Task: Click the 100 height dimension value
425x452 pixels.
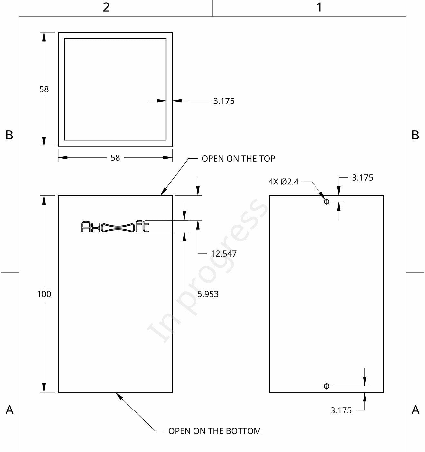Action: click(44, 294)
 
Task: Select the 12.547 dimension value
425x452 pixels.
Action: click(224, 254)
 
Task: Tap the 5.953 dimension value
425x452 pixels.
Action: click(208, 294)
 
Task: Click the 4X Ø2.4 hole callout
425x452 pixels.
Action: click(283, 182)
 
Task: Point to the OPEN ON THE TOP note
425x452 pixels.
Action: click(238, 159)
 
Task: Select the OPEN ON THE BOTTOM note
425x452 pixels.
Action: click(214, 431)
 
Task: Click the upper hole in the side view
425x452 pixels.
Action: click(326, 202)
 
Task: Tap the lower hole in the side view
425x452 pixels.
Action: click(326, 386)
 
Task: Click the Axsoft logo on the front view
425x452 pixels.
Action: click(115, 227)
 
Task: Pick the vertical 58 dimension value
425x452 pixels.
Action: click(44, 89)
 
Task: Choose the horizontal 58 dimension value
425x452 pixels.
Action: click(115, 158)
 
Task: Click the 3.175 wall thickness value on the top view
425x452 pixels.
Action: click(224, 101)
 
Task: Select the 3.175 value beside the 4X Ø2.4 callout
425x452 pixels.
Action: click(363, 177)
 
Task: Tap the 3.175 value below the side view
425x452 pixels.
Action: click(341, 410)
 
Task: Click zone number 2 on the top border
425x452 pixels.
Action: click(106, 7)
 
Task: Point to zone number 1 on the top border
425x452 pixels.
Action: click(319, 7)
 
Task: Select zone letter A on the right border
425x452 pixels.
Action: click(415, 410)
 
